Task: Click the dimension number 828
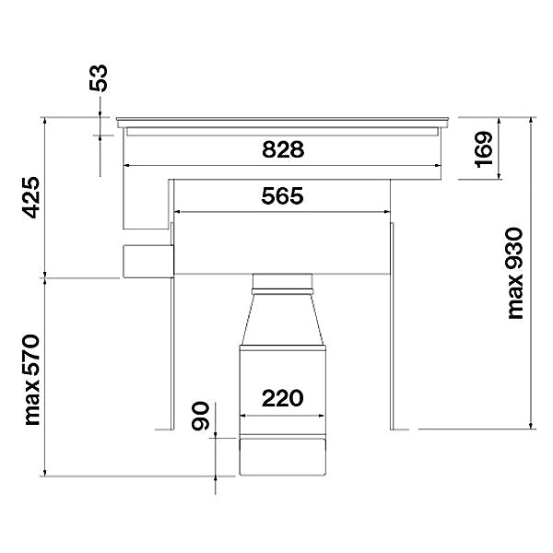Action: [x=283, y=149]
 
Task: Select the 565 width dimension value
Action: [x=282, y=196]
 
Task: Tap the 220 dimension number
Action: [x=283, y=398]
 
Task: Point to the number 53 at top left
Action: [x=99, y=78]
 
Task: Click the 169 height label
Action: [x=483, y=149]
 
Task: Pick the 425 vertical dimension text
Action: [x=31, y=197]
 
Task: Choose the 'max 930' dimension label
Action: [x=515, y=274]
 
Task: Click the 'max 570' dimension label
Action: [x=32, y=380]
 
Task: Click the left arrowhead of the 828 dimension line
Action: [x=126, y=165]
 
